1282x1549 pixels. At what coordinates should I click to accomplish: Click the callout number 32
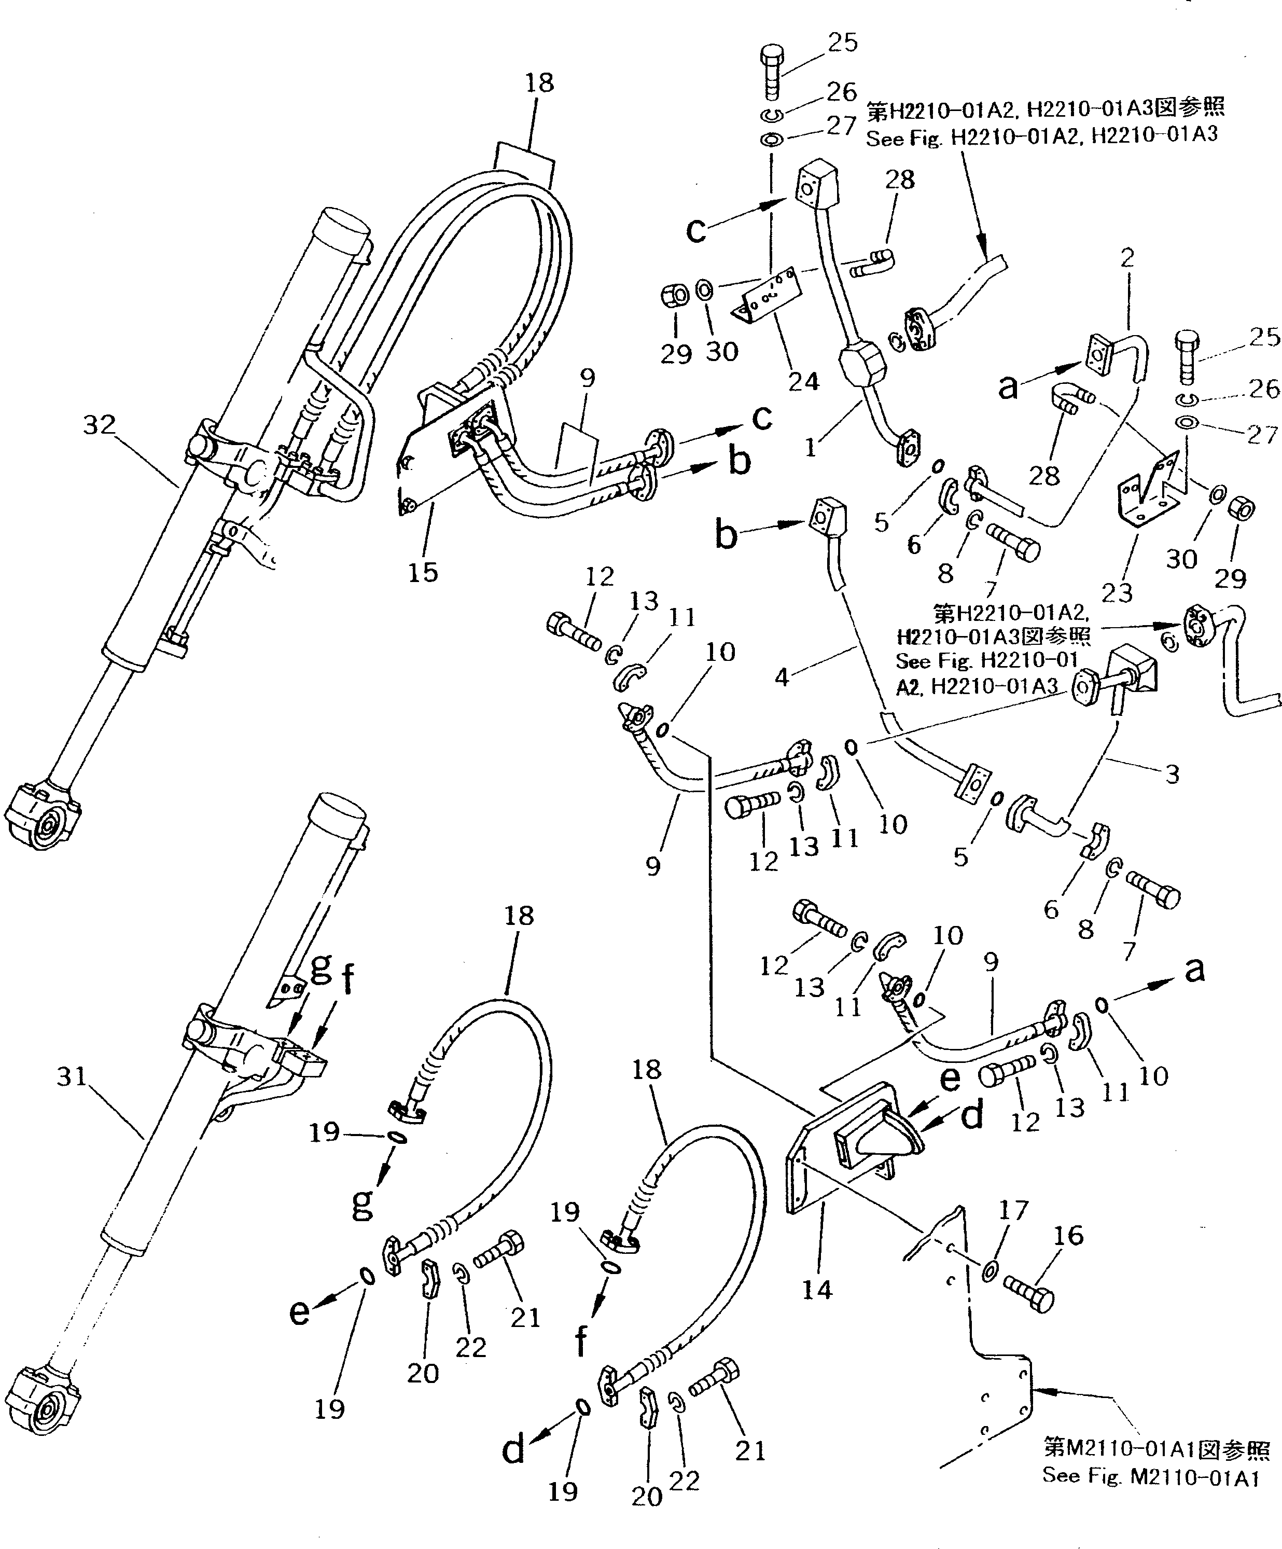click(100, 425)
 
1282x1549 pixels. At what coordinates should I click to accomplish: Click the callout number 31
click(72, 1077)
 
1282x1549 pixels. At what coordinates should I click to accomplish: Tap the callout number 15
click(423, 572)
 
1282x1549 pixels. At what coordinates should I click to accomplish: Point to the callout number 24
click(803, 381)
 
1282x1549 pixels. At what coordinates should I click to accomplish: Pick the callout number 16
click(1069, 1236)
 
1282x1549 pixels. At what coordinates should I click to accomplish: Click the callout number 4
click(782, 676)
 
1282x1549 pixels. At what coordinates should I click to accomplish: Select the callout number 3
click(1172, 774)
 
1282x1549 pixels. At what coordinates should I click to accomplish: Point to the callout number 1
click(812, 446)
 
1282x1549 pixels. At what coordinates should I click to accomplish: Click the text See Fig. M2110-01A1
click(1150, 1476)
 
